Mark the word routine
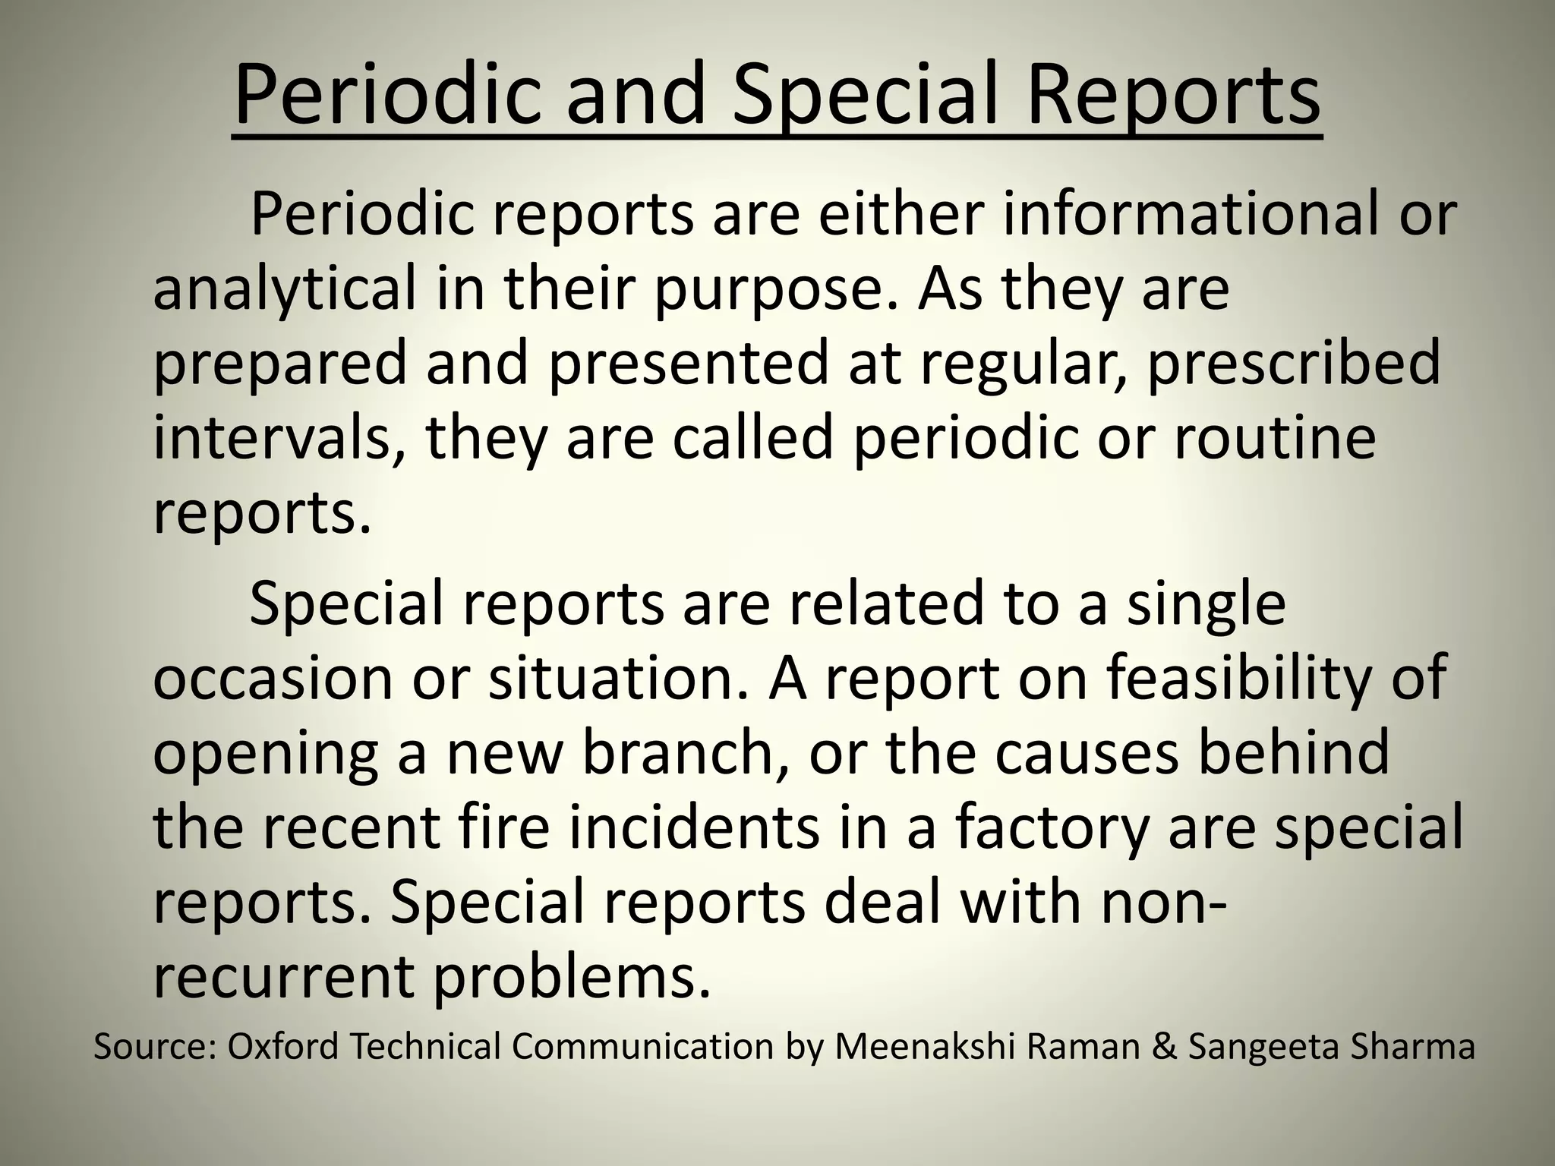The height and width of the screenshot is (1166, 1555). click(x=1275, y=439)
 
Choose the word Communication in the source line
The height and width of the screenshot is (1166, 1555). click(x=642, y=1048)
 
